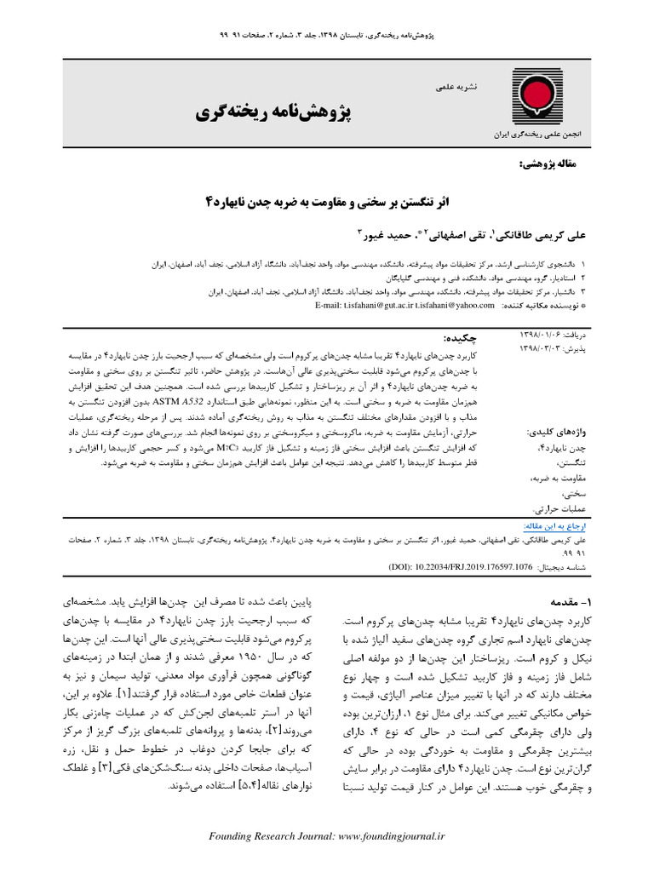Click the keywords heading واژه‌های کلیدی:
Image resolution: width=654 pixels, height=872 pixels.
click(x=554, y=410)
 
